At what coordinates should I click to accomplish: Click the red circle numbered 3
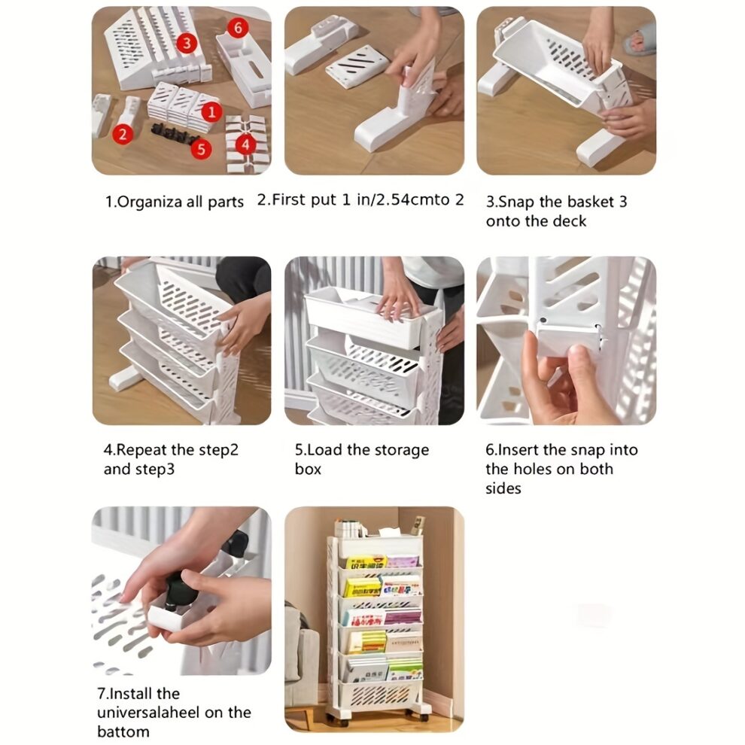(x=187, y=43)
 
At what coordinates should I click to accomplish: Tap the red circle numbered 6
(x=238, y=29)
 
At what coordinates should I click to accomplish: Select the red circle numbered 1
(x=213, y=113)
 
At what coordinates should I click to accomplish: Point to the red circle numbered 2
(x=123, y=135)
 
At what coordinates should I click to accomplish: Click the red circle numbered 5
(x=200, y=148)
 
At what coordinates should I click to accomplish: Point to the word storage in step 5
(x=400, y=450)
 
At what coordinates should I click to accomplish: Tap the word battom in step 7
(x=123, y=731)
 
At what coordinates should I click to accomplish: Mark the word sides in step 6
(x=503, y=488)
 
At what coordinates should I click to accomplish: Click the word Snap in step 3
(x=517, y=202)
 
